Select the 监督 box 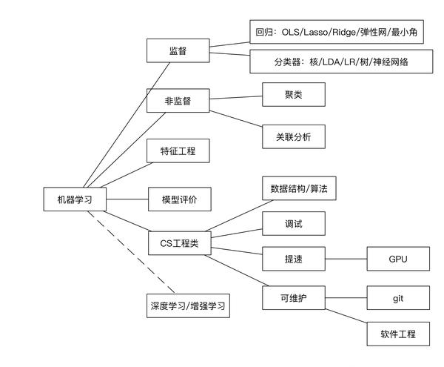[178, 50]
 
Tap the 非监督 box [178, 101]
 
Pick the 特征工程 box [178, 151]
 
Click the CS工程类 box [178, 242]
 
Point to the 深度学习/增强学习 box [186, 305]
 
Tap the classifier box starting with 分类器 [340, 62]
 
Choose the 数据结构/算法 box [299, 188]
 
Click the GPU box [398, 259]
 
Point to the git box [398, 297]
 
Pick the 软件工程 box [398, 334]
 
